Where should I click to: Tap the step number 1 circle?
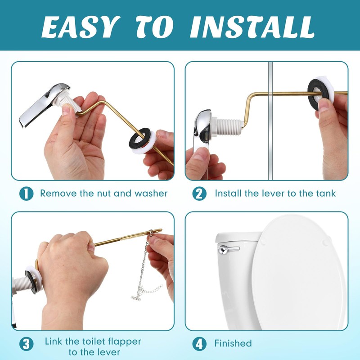pos(26,193)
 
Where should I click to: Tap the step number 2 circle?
pos(199,193)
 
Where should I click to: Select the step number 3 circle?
pos(26,344)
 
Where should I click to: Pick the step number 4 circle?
pos(199,344)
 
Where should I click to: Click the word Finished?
pos(233,343)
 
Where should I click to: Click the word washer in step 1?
pos(149,193)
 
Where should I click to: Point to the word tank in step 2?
pos(325,193)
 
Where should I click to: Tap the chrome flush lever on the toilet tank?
pos(227,249)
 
